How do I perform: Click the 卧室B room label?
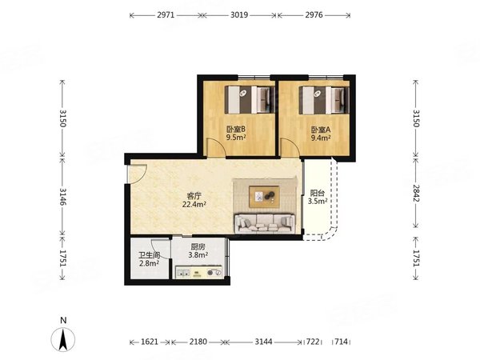tap(236, 129)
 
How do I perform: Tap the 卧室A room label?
tap(321, 130)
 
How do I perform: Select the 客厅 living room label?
tap(194, 196)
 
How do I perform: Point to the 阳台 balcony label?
tap(318, 193)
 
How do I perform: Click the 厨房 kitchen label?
tap(198, 246)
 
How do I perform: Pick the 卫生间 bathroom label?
tap(150, 255)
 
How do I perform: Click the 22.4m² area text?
tap(194, 204)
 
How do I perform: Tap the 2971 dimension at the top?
tap(166, 14)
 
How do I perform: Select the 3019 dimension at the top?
tap(239, 14)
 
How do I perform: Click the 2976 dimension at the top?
tap(314, 14)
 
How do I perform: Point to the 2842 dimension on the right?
tap(415, 193)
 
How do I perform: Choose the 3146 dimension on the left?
tap(62, 197)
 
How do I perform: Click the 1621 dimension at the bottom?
tap(150, 342)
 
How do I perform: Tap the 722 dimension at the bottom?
tap(313, 342)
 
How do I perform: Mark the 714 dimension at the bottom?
tap(341, 342)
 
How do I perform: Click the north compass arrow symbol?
tap(63, 339)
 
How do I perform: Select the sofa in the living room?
tap(265, 223)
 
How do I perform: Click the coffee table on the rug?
tap(264, 197)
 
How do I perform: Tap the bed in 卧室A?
tap(324, 100)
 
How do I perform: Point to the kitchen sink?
tap(183, 273)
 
